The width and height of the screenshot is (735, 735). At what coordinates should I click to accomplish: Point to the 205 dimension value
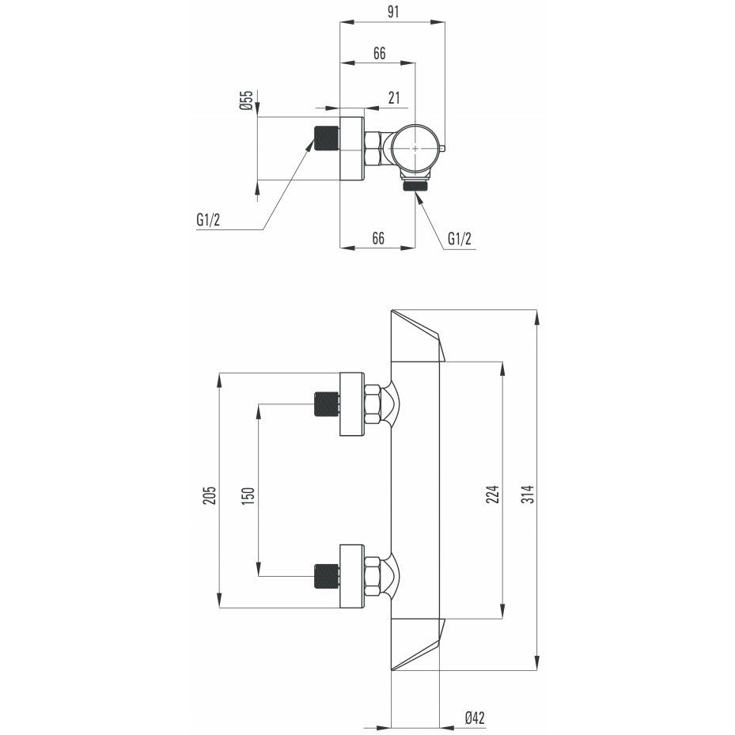pyautogui.click(x=209, y=495)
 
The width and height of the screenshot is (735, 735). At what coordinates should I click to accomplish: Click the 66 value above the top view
pyautogui.click(x=379, y=54)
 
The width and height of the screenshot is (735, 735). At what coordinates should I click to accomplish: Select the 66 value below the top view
pyautogui.click(x=378, y=238)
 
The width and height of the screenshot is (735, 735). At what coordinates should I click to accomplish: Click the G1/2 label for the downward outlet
pyautogui.click(x=460, y=238)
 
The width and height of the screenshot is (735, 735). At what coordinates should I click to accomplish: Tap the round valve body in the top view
pyautogui.click(x=416, y=148)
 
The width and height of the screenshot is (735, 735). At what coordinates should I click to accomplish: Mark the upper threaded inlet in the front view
pyautogui.click(x=326, y=404)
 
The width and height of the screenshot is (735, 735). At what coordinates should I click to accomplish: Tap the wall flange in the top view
pyautogui.click(x=351, y=148)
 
